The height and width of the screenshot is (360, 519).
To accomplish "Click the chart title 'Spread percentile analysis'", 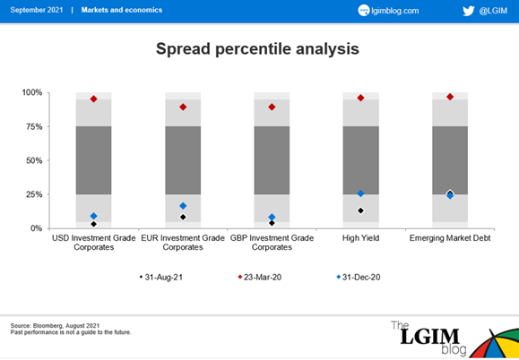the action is coord(257,49).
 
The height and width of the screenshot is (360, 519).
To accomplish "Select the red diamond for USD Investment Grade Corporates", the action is coord(94,99).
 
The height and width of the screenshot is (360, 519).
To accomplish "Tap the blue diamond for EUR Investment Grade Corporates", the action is coord(183,206).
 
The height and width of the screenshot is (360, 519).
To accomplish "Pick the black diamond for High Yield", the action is coord(360,210).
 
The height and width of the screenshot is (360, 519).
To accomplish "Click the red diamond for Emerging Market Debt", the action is coord(450,97).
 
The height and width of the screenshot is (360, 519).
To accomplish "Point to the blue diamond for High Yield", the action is coord(360,193).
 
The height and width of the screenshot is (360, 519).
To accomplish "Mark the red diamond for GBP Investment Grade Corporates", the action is coord(272,107).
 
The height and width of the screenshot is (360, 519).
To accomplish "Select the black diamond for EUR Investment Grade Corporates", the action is coord(183,218).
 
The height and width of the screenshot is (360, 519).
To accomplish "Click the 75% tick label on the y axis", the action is coord(34,126).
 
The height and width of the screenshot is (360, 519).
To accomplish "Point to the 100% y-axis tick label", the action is coord(32,92).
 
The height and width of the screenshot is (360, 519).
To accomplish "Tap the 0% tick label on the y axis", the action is coord(36,228).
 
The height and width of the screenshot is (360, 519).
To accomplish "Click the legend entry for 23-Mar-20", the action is coord(260,277).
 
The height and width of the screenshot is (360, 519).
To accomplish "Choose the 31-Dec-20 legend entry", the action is coord(359,277).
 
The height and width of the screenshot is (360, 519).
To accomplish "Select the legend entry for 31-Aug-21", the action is coord(160,277).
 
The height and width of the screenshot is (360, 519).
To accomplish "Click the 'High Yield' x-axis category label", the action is coord(360,238).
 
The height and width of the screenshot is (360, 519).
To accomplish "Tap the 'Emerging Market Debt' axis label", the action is coord(450,238).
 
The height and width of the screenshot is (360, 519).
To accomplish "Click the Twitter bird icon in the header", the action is coord(469,11).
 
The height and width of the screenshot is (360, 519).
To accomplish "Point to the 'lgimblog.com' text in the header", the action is coord(395,11).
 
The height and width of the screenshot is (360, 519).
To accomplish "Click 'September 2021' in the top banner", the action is coord(37,10).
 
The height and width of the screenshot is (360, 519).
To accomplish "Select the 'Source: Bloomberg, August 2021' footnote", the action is coord(55,326).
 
